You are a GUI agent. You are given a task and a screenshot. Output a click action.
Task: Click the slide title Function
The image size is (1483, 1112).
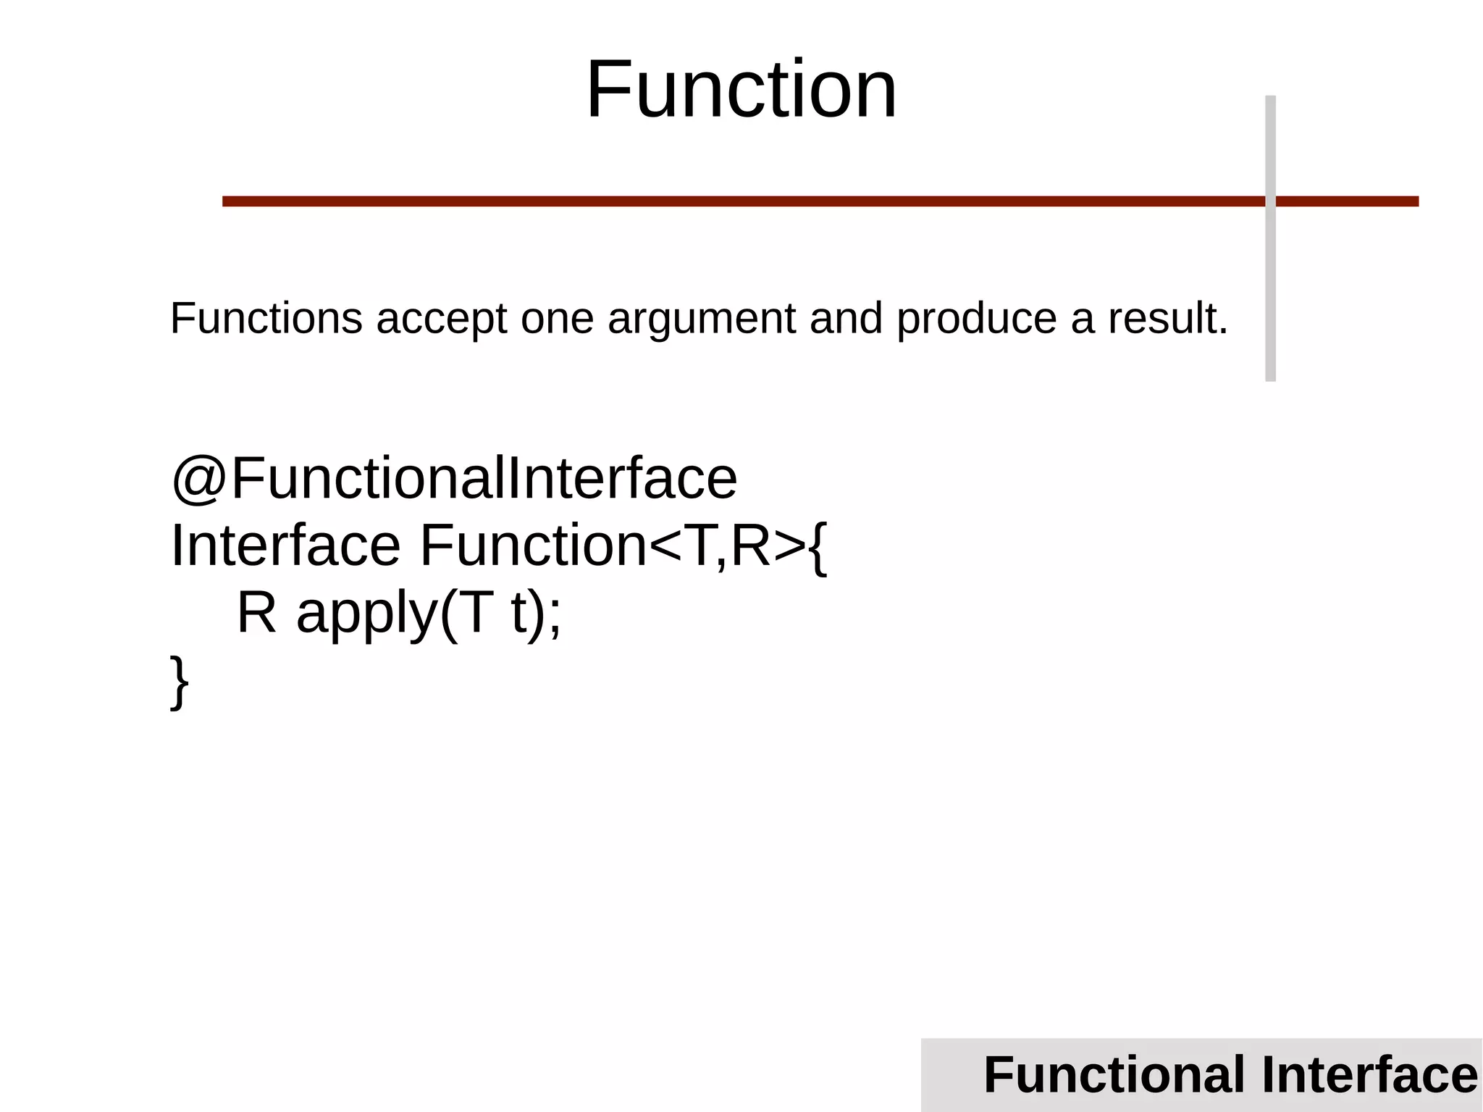[741, 91]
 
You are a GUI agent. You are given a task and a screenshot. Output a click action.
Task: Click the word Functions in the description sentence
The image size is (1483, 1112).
[266, 319]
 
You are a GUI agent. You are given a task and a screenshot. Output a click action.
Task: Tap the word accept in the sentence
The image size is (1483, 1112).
[442, 319]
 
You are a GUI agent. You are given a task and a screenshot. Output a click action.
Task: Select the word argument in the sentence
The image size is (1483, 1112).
[702, 320]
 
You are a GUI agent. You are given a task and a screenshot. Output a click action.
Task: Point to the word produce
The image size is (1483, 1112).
[977, 320]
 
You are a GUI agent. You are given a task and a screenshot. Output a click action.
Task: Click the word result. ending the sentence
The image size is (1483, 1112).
[1168, 319]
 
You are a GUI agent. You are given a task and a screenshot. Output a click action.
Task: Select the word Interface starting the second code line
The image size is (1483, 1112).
[285, 545]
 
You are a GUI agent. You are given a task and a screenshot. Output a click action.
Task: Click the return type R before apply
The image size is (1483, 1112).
[257, 613]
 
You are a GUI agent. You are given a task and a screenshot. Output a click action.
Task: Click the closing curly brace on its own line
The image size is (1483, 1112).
[179, 682]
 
